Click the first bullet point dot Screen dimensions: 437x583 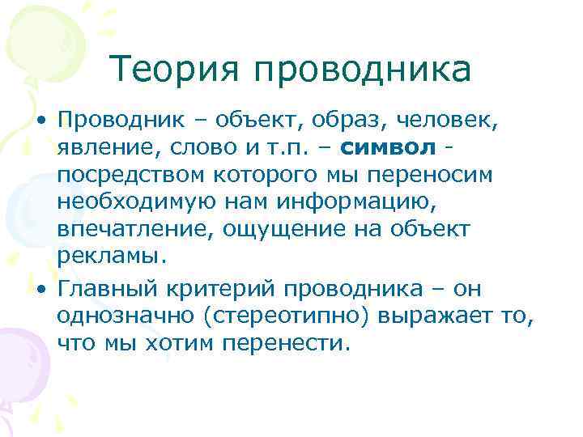point(39,121)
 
